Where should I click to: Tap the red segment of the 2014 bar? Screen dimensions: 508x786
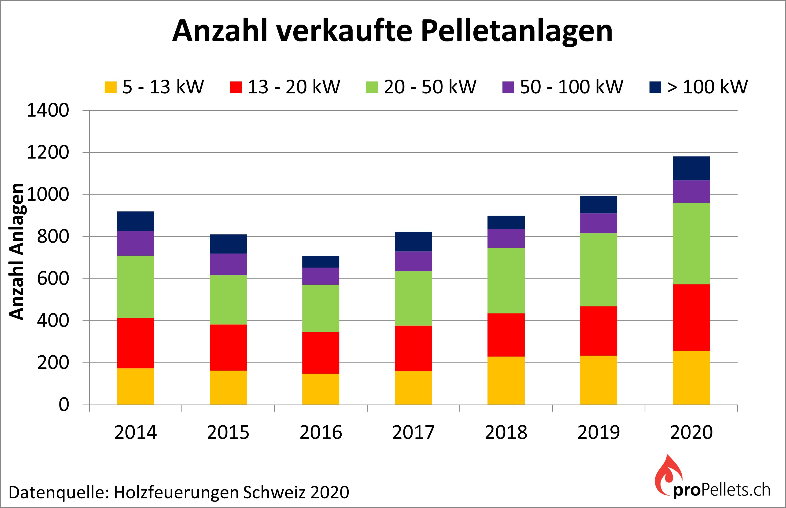[x=136, y=343]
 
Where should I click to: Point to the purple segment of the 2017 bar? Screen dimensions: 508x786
[x=413, y=261]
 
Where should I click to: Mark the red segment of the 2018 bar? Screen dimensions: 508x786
[x=506, y=335]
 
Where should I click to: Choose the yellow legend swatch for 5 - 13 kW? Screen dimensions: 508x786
[x=111, y=87]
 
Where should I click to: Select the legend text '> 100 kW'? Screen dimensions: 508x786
[x=707, y=87]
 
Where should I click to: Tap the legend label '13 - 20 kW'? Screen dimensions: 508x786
[x=294, y=87]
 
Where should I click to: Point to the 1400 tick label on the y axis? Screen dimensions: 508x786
[x=48, y=110]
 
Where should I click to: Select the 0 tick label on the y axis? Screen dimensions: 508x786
[x=64, y=405]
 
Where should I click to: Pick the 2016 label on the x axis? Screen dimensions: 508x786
[x=321, y=432]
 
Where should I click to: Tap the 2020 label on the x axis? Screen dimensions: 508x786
[x=691, y=432]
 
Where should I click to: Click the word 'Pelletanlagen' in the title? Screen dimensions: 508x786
[x=517, y=31]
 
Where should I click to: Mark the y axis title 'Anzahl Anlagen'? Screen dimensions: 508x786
[x=16, y=251]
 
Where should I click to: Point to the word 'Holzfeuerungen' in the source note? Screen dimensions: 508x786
[x=177, y=493]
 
